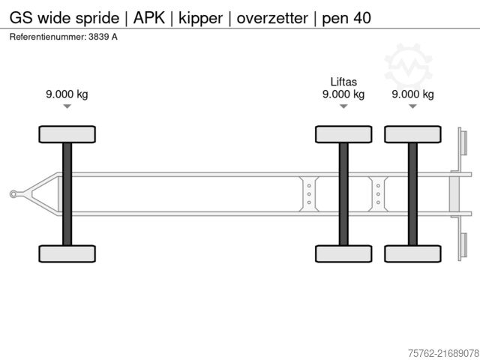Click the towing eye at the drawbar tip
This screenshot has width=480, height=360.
[x=13, y=194]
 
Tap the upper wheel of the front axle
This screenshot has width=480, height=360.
[x=67, y=134]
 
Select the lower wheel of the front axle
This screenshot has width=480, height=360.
[x=67, y=253]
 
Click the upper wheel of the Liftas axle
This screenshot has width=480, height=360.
[x=343, y=134]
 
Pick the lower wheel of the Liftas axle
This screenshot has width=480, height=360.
[x=343, y=253]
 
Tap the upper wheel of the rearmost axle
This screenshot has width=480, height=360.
[x=412, y=134]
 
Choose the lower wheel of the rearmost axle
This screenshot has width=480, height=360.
[x=412, y=253]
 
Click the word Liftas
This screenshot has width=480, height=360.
[x=343, y=82]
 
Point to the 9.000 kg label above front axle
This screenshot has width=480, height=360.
[x=67, y=94]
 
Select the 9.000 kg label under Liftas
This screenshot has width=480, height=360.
[x=343, y=94]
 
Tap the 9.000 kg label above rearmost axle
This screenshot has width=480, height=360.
[x=412, y=94]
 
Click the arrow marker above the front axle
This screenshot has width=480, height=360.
[x=67, y=106]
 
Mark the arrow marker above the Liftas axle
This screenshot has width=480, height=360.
[x=343, y=106]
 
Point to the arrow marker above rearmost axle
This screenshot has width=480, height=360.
[x=412, y=106]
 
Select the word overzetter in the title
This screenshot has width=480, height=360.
[x=271, y=16]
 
